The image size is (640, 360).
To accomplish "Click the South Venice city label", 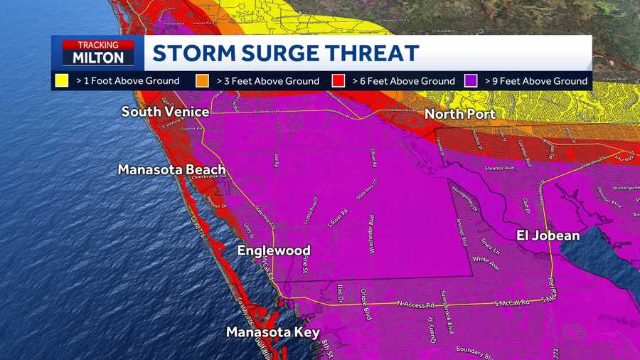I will point(165,112).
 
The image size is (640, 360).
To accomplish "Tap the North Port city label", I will point(460,114).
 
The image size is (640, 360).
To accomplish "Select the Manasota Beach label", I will point(171,169).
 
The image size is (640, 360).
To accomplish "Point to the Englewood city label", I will point(274,250).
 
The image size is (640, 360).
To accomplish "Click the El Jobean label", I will point(548,235).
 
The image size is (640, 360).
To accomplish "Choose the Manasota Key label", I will point(272,332).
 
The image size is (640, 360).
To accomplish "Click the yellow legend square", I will point(62,81).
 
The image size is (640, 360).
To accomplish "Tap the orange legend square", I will point(202,81).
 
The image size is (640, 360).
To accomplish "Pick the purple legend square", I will point(470,81).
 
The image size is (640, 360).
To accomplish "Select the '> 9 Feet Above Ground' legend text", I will point(536,81).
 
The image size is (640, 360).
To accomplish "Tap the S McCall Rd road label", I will point(512,304).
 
